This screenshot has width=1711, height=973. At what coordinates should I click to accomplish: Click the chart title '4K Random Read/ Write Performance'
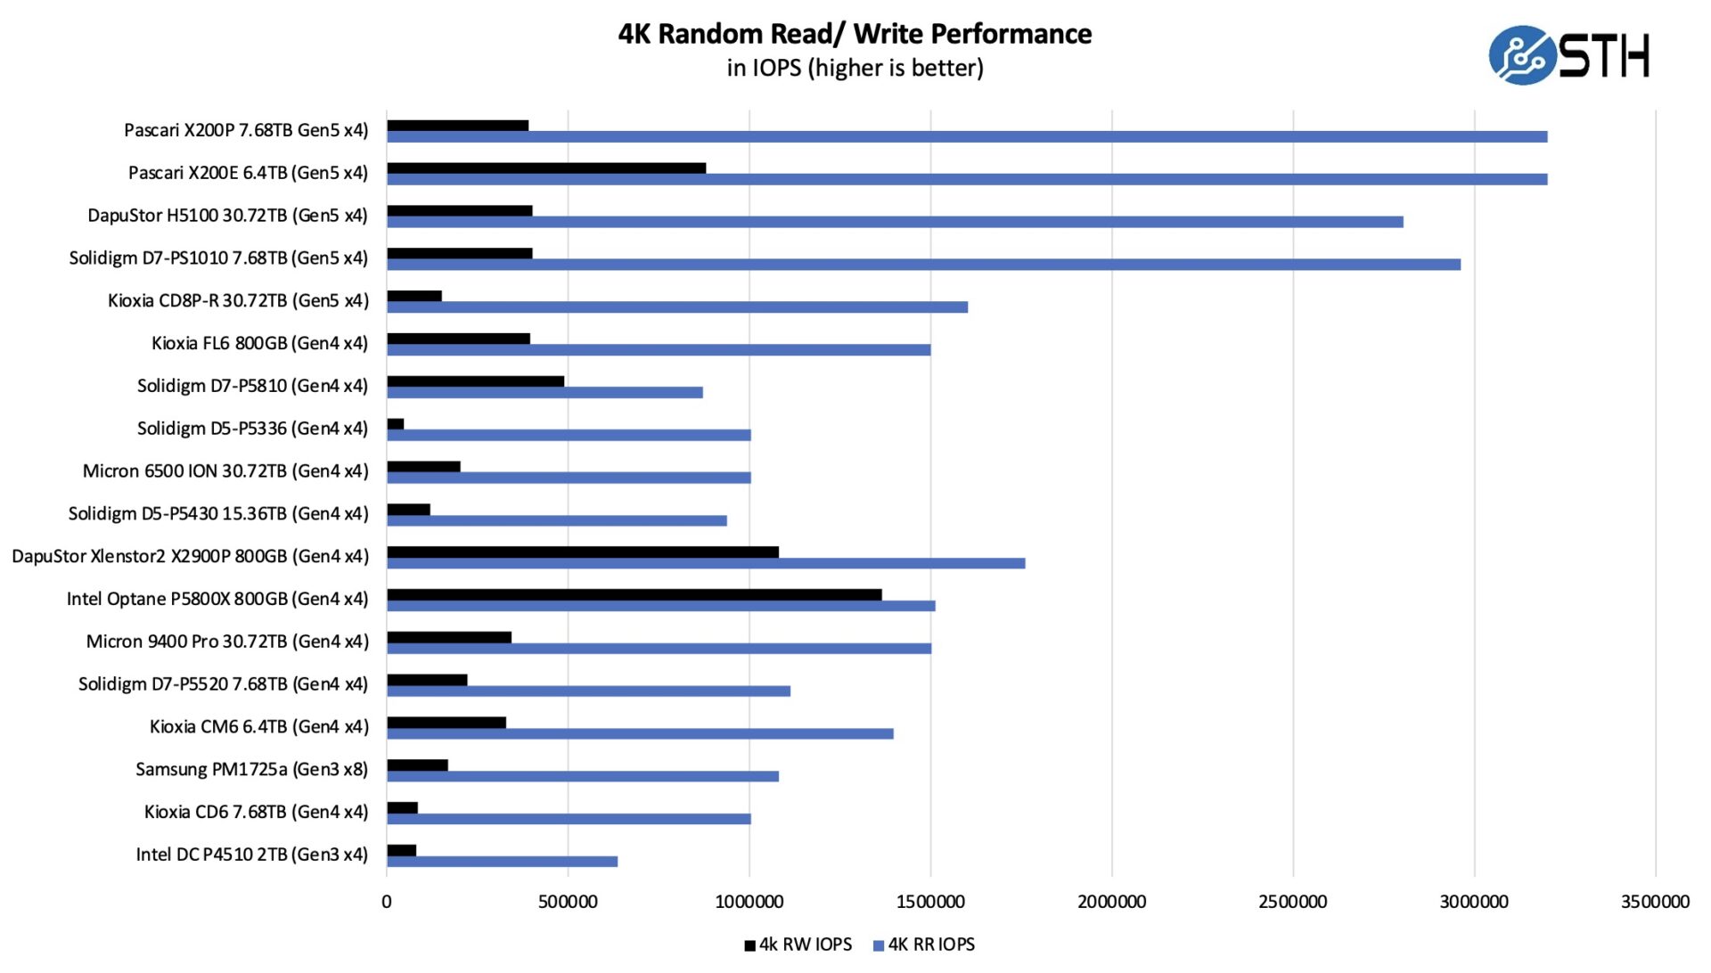855,34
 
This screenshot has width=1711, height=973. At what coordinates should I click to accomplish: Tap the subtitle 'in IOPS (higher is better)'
855,68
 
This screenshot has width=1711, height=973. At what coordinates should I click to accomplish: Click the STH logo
1568,55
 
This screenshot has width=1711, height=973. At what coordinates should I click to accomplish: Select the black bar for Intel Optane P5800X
634,594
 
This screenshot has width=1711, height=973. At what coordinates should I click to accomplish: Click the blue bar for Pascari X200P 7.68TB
967,137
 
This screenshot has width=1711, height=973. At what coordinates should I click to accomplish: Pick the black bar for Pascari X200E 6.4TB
546,168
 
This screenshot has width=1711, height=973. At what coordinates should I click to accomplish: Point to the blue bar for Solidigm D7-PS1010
923,265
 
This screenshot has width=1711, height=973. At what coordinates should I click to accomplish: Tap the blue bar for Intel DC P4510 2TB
502,862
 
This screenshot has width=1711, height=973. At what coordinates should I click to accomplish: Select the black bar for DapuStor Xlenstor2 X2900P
582,552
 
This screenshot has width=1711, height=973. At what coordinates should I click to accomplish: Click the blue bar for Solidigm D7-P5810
544,393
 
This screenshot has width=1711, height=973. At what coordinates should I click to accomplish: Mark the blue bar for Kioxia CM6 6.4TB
640,734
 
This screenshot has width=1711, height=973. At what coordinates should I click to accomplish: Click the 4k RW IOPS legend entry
798,944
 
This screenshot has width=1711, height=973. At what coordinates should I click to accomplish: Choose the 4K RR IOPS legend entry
924,944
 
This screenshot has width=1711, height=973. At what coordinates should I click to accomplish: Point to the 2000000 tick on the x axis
1111,902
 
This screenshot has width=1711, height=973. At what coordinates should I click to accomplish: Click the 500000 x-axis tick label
568,902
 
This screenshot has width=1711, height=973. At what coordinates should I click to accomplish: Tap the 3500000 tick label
1655,902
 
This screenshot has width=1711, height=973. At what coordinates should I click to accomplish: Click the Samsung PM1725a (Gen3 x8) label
251,769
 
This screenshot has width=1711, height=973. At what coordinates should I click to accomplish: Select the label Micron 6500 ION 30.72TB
225,470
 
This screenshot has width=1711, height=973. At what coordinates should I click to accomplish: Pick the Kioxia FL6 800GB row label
259,343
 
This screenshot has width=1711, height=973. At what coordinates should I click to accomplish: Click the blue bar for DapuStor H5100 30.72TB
895,222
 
